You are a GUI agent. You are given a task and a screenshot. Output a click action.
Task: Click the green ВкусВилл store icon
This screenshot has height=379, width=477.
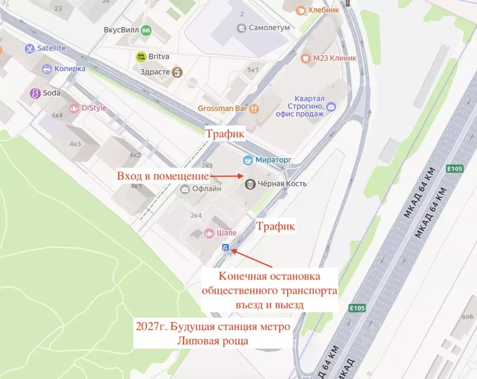(146, 30)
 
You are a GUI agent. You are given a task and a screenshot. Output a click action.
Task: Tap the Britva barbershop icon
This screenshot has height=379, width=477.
(141, 57)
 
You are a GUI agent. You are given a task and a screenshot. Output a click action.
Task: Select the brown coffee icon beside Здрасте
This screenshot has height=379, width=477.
(177, 72)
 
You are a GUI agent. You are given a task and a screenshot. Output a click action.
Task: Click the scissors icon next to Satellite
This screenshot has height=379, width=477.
(29, 48)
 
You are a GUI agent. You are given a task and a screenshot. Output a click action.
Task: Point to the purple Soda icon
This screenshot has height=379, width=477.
(35, 93)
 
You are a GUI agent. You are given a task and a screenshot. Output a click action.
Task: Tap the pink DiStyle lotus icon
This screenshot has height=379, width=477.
(74, 108)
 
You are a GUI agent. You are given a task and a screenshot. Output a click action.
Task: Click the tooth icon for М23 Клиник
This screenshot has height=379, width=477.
(305, 58)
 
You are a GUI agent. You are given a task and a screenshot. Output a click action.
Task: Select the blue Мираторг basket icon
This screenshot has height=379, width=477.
(248, 160)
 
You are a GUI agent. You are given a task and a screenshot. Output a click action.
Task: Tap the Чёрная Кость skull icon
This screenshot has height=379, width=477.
(251, 184)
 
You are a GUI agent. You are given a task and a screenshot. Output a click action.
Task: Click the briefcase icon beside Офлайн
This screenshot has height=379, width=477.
(185, 188)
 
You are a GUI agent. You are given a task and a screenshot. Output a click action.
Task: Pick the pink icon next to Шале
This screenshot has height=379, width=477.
(209, 233)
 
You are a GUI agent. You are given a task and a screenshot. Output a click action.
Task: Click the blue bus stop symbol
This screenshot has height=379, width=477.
(225, 248)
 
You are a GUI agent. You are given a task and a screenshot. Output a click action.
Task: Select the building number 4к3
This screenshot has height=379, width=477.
(75, 144)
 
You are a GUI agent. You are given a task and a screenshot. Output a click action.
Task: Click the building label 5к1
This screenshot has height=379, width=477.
(253, 70)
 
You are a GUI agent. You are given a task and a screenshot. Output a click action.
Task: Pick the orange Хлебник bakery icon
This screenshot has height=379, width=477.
(301, 10)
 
